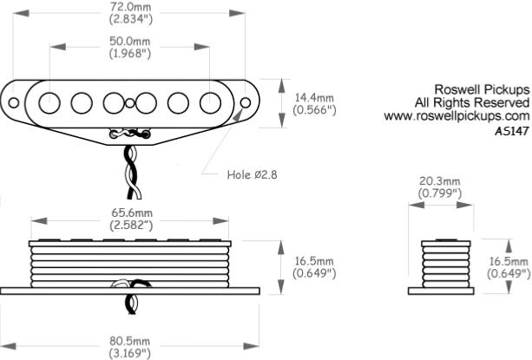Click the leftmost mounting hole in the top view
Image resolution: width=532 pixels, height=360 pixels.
pos(14,103)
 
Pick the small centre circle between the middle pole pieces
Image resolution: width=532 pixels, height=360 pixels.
pos(129,103)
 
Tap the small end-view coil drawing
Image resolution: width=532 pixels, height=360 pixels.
pos(443,261)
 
